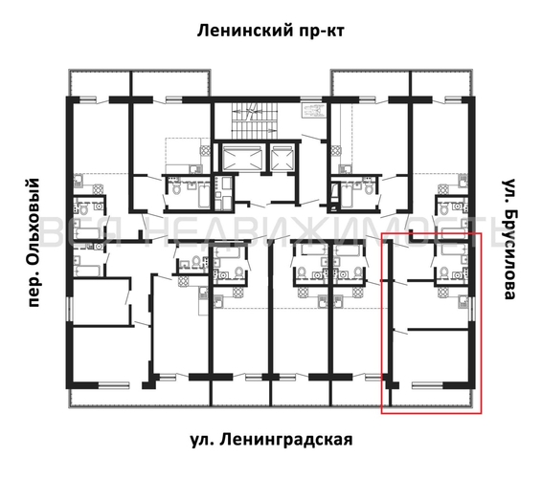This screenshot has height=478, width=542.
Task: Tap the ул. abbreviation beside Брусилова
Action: click(508, 189)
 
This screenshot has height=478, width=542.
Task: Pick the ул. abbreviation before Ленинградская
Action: click(200, 440)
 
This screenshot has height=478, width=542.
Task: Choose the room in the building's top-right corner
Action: click(440, 134)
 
